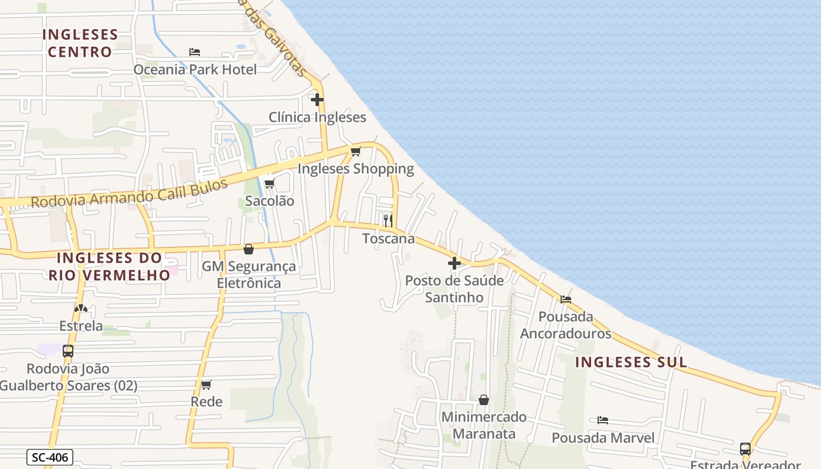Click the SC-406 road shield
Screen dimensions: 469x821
50,457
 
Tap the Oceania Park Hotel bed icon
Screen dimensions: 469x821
195,52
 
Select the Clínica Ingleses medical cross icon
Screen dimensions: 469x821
317,100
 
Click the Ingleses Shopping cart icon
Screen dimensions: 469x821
355,152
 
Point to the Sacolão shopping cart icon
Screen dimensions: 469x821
269,183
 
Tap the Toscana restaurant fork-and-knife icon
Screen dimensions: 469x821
388,220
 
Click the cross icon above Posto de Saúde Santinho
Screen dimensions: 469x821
454,263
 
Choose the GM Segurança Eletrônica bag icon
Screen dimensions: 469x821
249,249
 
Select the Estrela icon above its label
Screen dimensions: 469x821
81,308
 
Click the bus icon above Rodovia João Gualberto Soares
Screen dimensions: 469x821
68,351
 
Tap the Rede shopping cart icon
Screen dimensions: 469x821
206,385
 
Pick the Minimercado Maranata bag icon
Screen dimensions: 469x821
484,400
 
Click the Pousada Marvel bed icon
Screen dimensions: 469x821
602,420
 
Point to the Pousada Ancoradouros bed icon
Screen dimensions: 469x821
565,300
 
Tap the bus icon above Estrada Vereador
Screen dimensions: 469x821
745,449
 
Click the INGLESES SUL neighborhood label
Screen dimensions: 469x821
630,362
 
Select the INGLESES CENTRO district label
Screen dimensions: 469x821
80,43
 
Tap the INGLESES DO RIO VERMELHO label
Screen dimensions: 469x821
109,266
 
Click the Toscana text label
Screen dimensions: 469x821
388,239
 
